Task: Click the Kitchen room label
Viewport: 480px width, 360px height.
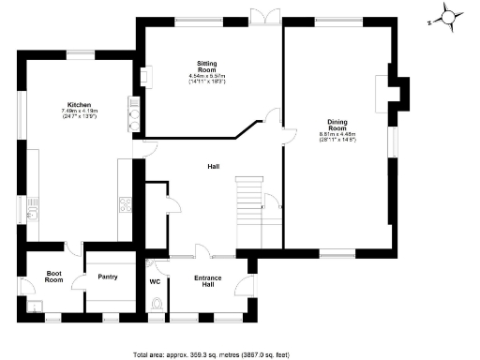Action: [x=78, y=104]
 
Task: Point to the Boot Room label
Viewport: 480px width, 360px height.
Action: [x=54, y=277]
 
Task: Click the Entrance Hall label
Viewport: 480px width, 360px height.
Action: [x=207, y=280]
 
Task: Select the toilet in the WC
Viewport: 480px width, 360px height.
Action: [x=156, y=302]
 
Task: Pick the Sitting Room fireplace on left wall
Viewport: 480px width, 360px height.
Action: [x=144, y=75]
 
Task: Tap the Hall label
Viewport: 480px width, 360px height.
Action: [x=213, y=166]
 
